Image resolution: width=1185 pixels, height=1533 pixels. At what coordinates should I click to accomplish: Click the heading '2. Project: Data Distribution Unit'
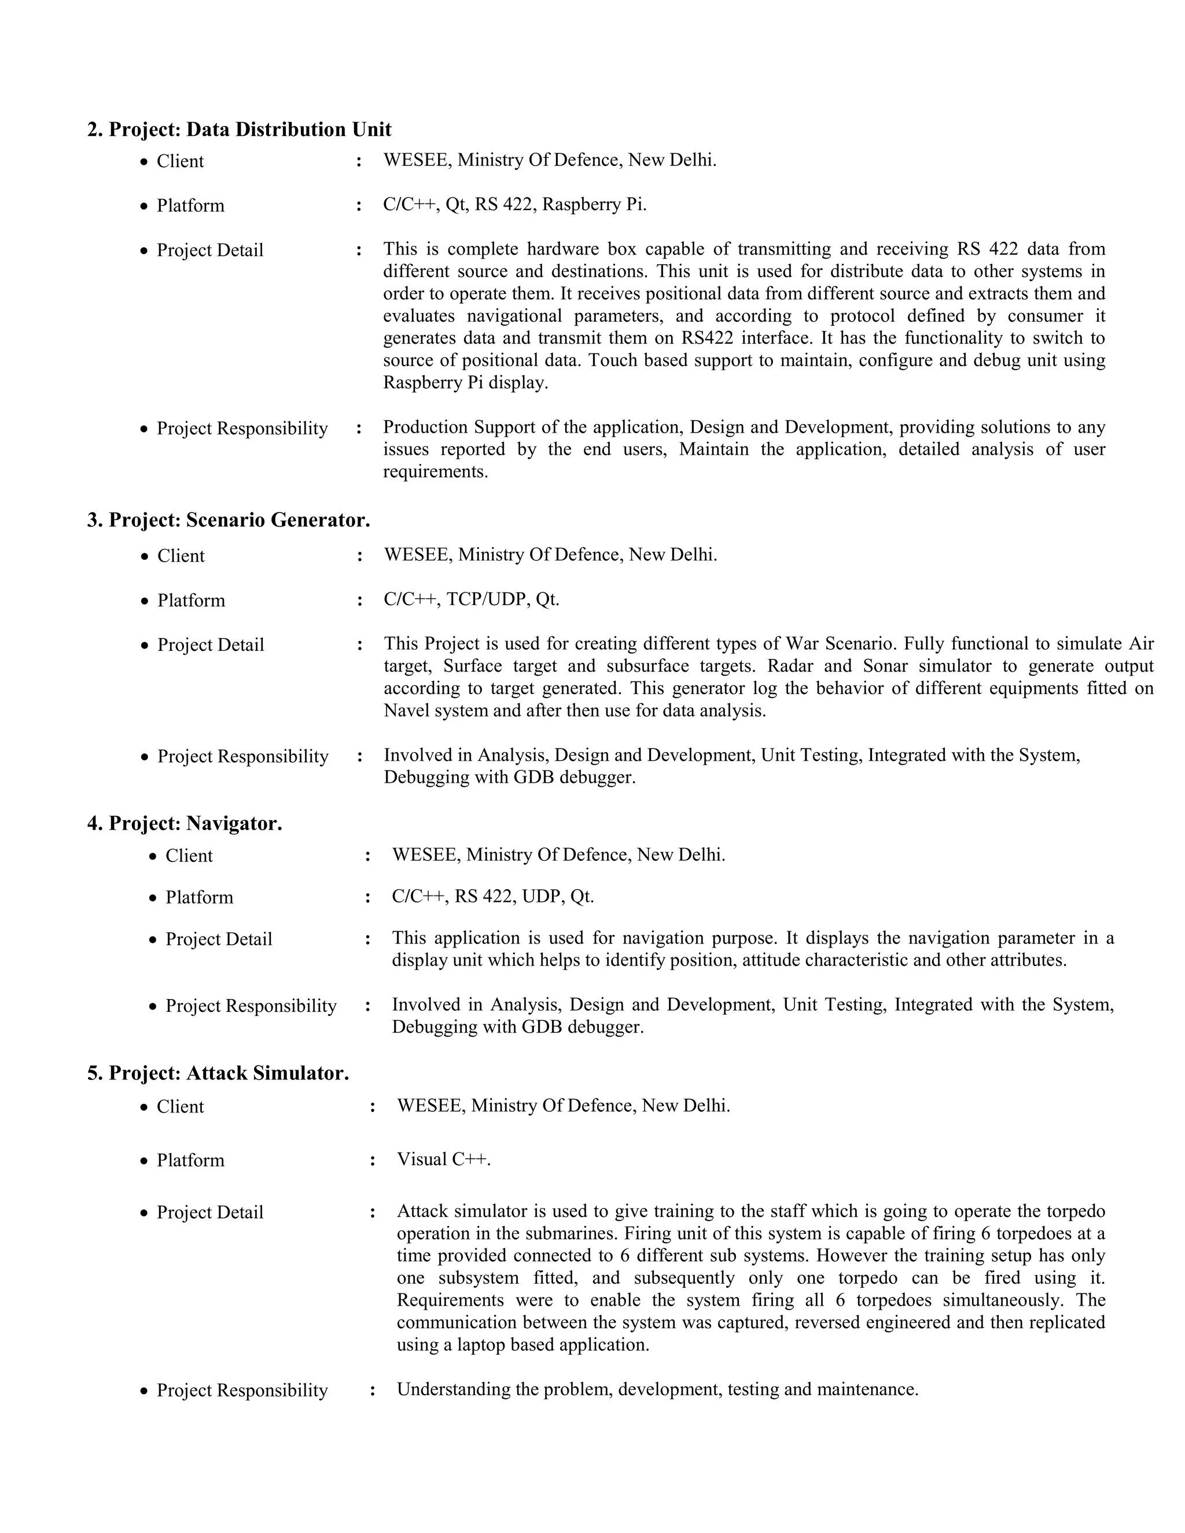click(239, 129)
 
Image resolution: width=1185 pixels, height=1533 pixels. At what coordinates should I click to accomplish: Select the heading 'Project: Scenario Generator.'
click(239, 520)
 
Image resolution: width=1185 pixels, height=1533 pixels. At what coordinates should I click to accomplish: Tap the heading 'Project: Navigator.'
click(195, 823)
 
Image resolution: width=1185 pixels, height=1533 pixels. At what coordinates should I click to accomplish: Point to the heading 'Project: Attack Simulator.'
click(228, 1073)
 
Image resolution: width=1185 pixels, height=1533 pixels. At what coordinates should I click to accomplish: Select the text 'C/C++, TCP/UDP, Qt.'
click(471, 599)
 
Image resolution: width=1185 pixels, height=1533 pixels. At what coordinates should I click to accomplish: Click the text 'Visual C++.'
click(444, 1159)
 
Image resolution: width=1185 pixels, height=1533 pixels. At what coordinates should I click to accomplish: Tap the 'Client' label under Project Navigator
click(189, 856)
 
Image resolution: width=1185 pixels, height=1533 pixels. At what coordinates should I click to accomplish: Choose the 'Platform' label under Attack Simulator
click(190, 1160)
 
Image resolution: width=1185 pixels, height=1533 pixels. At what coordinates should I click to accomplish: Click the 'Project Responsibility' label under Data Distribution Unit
click(242, 428)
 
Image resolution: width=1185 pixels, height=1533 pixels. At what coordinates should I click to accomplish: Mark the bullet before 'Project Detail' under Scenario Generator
click(145, 646)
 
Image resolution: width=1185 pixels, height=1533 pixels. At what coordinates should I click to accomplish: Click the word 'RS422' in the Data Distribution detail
click(707, 338)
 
